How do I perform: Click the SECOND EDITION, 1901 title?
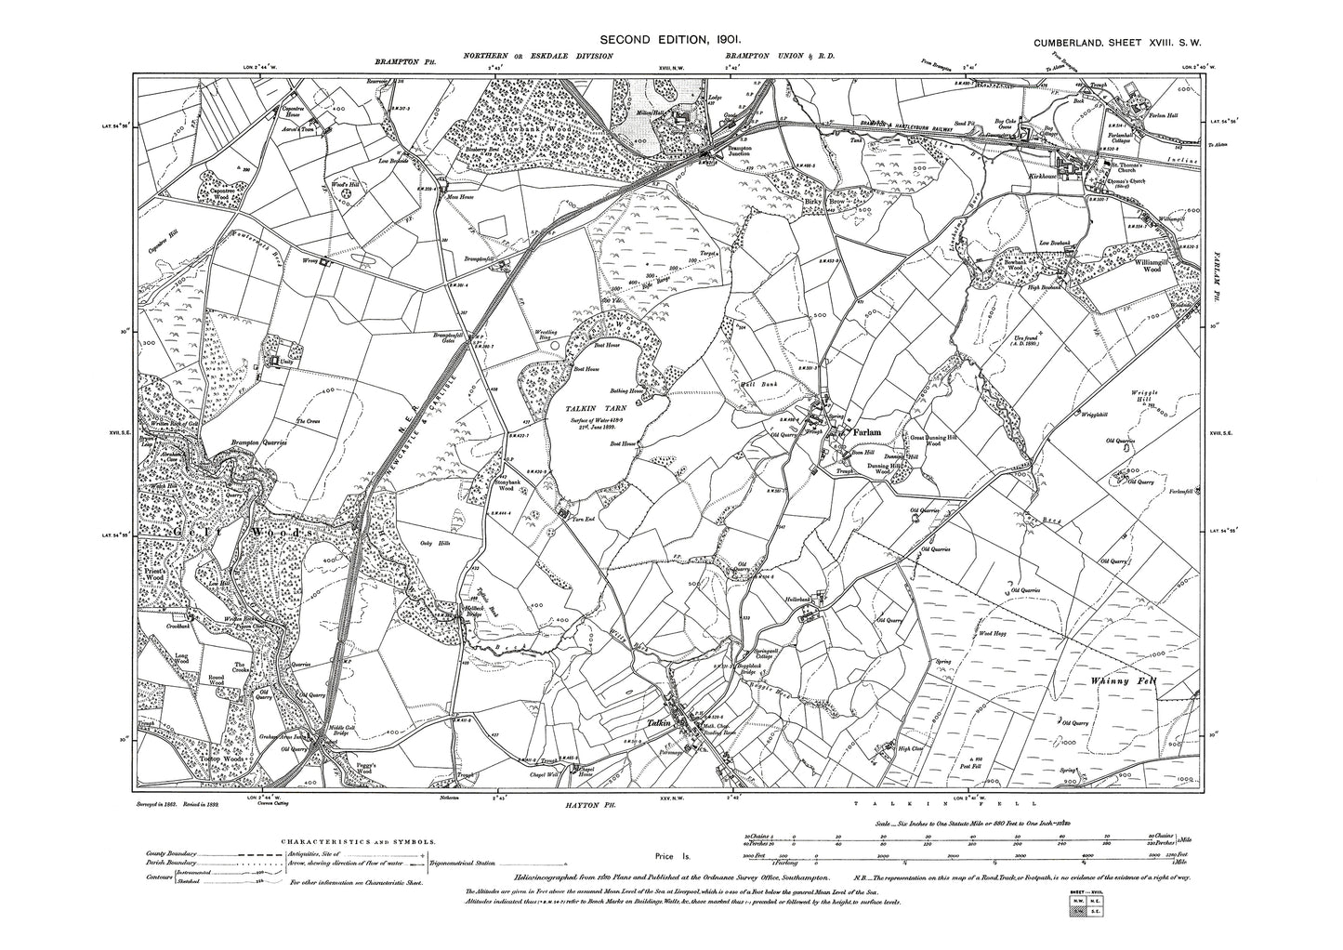tap(668, 40)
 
